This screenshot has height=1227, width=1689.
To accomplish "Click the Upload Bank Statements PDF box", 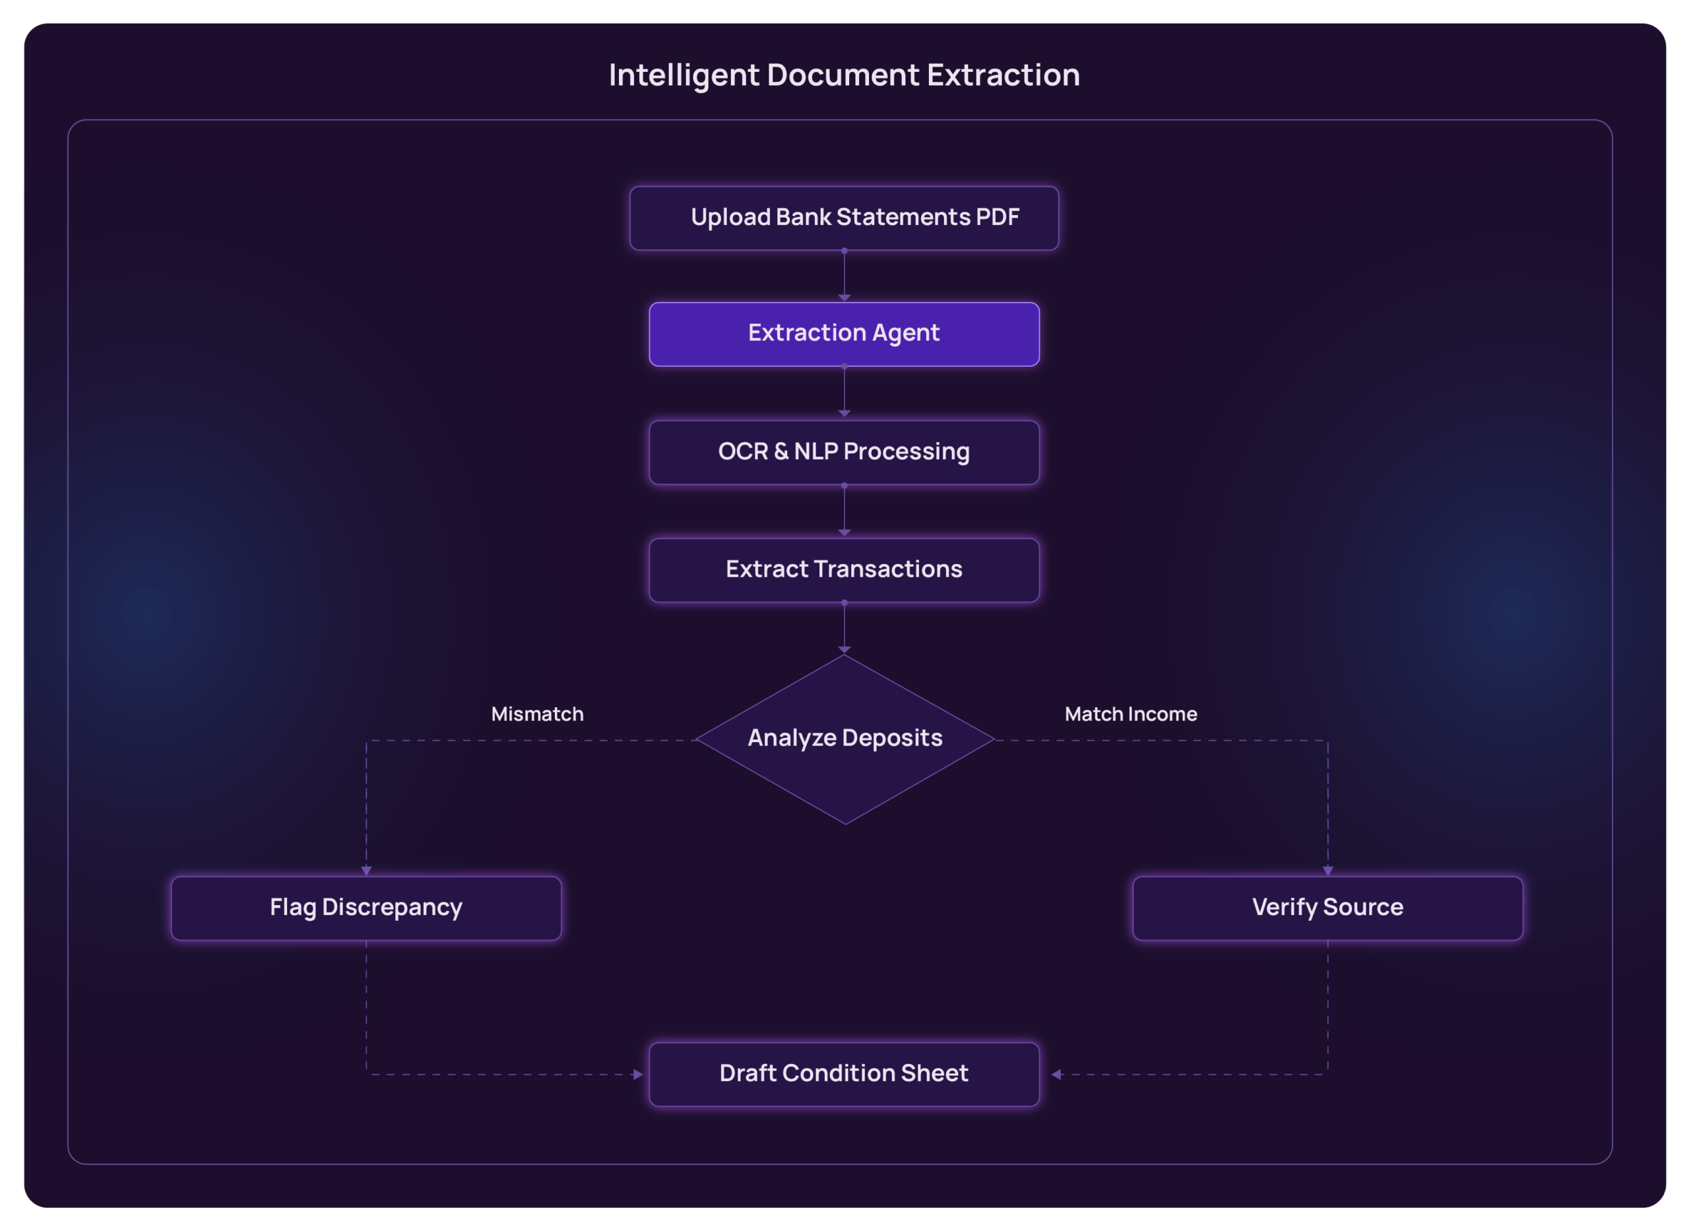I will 844,218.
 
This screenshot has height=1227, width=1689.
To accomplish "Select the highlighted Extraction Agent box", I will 844,334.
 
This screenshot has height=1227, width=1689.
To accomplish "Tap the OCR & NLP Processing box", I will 844,452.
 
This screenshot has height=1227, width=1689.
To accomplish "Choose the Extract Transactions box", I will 844,569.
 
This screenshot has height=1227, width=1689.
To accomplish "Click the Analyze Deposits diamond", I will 844,739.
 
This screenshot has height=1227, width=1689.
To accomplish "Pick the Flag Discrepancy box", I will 366,908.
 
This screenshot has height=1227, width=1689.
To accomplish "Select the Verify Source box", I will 1327,908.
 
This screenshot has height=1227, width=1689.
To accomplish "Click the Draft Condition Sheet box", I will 844,1074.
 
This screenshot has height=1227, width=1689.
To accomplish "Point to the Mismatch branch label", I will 537,714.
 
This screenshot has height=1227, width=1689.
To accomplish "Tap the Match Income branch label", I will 1130,714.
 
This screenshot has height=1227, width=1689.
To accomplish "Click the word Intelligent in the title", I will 684,75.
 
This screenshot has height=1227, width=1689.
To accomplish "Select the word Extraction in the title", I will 1003,75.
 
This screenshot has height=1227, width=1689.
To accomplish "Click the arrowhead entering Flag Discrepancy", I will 366,870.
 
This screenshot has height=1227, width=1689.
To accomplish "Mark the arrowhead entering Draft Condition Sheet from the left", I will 637,1075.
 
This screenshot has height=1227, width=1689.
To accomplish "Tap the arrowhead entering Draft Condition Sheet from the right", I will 1056,1075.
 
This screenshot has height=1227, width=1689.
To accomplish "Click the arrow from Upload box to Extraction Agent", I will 844,276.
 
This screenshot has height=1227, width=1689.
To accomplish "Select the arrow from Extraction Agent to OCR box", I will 844,392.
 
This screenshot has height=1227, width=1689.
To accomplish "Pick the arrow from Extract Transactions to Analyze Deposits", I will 844,627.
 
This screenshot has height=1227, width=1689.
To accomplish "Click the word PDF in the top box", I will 997,218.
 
